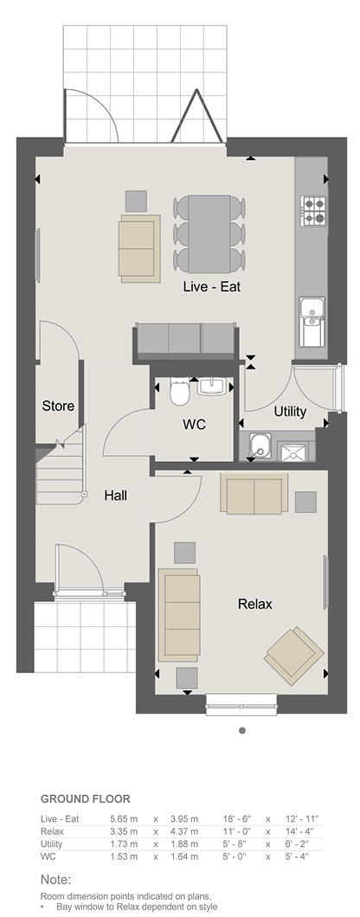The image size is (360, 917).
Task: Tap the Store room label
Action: (58, 406)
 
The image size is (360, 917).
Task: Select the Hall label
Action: (115, 496)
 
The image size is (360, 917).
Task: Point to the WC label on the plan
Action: (195, 425)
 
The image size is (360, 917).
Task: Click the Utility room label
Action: (290, 412)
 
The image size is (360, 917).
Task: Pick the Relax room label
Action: (255, 604)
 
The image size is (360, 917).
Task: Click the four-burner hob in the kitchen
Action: (313, 210)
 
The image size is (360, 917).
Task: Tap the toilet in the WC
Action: (179, 391)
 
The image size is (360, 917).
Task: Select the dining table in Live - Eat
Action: (209, 234)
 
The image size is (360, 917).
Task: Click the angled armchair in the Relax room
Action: (294, 656)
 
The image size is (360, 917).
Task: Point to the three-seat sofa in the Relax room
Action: (178, 614)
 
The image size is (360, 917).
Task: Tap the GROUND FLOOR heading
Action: (86, 798)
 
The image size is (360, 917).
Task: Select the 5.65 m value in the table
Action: (124, 819)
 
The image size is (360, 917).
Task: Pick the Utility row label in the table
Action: (52, 843)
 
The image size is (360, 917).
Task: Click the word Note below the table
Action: (55, 880)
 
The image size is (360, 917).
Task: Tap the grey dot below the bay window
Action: (242, 730)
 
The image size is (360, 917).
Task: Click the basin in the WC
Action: (211, 387)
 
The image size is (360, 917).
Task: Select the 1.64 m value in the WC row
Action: (183, 856)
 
